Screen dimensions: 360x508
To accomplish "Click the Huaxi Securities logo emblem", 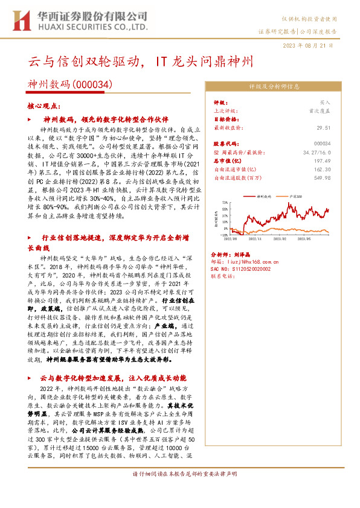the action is click(22, 20).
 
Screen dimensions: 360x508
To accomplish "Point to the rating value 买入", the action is click(325, 103).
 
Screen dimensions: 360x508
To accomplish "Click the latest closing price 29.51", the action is click(324, 128).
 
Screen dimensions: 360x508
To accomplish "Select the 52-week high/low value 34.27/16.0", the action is click(317, 152).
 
